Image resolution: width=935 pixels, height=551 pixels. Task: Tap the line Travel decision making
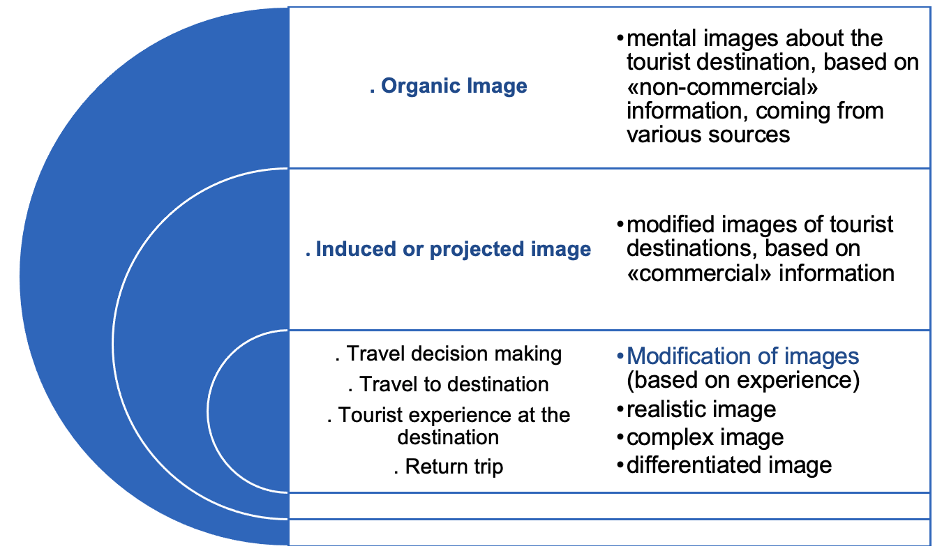[x=448, y=354]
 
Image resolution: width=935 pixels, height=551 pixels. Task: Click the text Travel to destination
[x=448, y=384]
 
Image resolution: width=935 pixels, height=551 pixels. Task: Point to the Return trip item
[x=448, y=466]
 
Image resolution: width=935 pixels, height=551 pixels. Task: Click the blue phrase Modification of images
[x=743, y=356]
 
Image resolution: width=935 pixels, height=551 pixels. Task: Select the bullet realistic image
[x=701, y=409]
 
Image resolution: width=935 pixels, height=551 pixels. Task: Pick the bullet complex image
[x=705, y=437]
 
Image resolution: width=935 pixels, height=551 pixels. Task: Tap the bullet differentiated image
[x=729, y=465]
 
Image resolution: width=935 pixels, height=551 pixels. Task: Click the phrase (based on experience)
[x=743, y=382]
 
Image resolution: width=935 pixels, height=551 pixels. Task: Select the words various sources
[x=708, y=134]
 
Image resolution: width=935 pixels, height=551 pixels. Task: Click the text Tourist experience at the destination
[x=448, y=425]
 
